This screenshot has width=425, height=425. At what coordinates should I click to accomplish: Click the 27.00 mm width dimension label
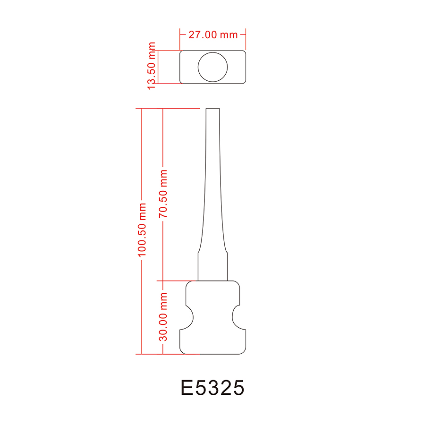[x=213, y=34]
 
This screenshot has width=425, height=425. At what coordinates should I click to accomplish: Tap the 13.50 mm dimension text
[x=152, y=66]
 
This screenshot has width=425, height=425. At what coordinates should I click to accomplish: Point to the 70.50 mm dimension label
[x=163, y=194]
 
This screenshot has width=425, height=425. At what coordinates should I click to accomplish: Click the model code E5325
[x=213, y=388]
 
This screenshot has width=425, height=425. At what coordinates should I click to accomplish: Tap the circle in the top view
[x=212, y=67]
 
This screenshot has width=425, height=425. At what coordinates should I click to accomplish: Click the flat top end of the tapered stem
[x=212, y=109]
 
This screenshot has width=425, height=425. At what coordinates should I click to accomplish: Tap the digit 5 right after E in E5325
[x=198, y=388]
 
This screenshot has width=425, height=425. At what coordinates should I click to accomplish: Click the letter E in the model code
[x=187, y=388]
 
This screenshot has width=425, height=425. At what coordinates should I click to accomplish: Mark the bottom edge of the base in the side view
[x=213, y=354]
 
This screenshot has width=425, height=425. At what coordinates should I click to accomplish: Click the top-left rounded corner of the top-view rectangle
[x=181, y=51]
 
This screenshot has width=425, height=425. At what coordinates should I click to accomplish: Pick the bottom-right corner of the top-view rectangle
[x=245, y=82]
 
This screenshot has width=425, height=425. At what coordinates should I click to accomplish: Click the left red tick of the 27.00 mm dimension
[x=180, y=34]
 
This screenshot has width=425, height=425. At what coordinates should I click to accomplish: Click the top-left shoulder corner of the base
[x=188, y=283]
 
